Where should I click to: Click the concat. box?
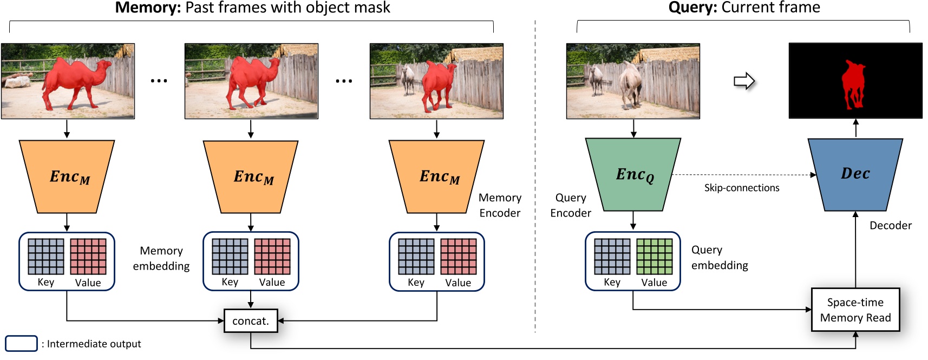pyautogui.click(x=251, y=320)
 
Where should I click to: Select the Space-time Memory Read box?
pyautogui.click(x=855, y=310)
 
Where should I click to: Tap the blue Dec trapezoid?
pyautogui.click(x=855, y=174)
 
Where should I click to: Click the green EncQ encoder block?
pyautogui.click(x=633, y=174)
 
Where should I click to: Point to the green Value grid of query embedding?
pyautogui.click(x=654, y=257)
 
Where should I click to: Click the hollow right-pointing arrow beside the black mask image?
pyautogui.click(x=744, y=81)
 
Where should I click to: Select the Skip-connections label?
pyautogui.click(x=741, y=188)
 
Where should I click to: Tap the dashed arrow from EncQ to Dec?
pyautogui.click(x=742, y=175)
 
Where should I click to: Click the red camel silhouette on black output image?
pyautogui.click(x=853, y=84)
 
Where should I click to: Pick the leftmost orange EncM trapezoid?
pyautogui.click(x=67, y=176)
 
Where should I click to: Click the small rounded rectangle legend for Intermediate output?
pyautogui.click(x=21, y=344)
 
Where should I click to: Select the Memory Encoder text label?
pyautogui.click(x=500, y=205)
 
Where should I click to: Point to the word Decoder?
pyautogui.click(x=890, y=225)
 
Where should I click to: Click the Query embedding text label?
pyautogui.click(x=719, y=257)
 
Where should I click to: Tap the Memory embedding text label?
pyautogui.click(x=161, y=258)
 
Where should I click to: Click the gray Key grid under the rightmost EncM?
pyautogui.click(x=416, y=257)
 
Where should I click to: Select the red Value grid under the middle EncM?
pyautogui.click(x=272, y=257)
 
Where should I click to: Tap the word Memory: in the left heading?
pyautogui.click(x=148, y=8)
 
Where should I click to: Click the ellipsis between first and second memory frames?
pyautogui.click(x=159, y=81)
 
